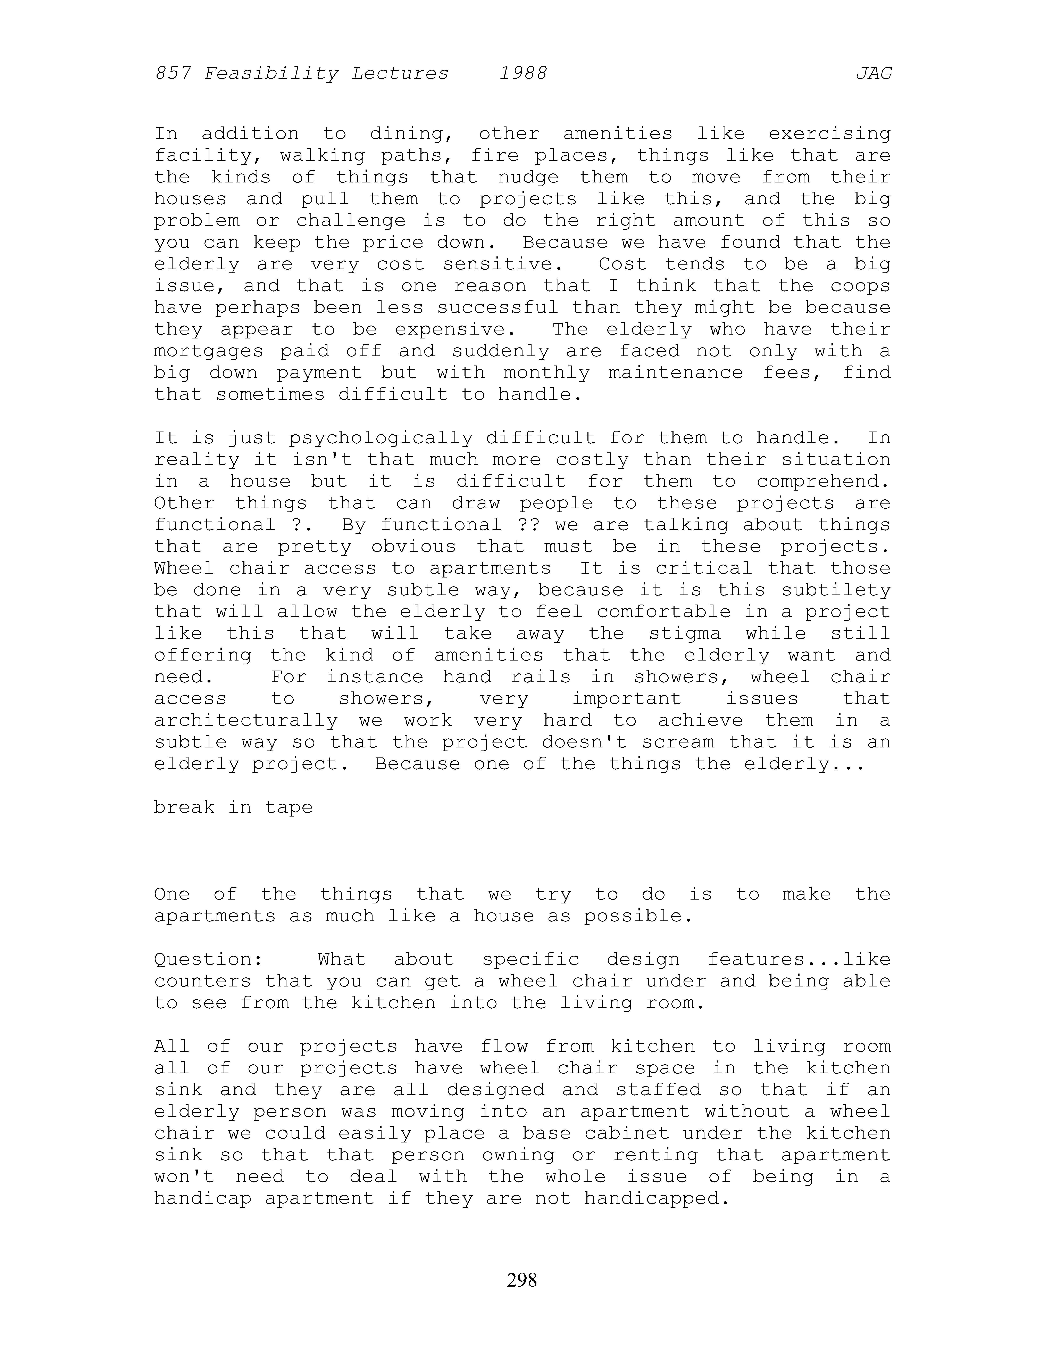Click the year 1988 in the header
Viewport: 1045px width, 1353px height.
[x=523, y=74]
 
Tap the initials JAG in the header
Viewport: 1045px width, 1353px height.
[x=873, y=74]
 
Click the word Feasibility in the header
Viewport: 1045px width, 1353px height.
[x=271, y=74]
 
